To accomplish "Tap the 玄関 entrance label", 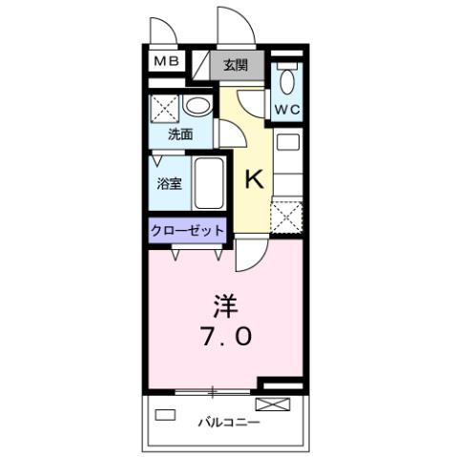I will point(236,66).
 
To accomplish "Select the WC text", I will point(288,109).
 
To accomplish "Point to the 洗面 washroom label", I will point(180,135).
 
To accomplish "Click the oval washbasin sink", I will point(198,106).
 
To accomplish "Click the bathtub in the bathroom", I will point(209,182).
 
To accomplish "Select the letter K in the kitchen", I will point(253,177).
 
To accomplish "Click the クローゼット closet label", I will point(187,230).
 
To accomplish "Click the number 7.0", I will point(227,337).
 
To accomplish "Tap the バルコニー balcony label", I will point(228,421).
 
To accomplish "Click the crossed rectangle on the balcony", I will point(271,404).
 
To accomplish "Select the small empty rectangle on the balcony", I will point(165,415).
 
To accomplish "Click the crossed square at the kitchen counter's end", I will point(286,217).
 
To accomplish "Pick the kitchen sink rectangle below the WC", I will point(287,145).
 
